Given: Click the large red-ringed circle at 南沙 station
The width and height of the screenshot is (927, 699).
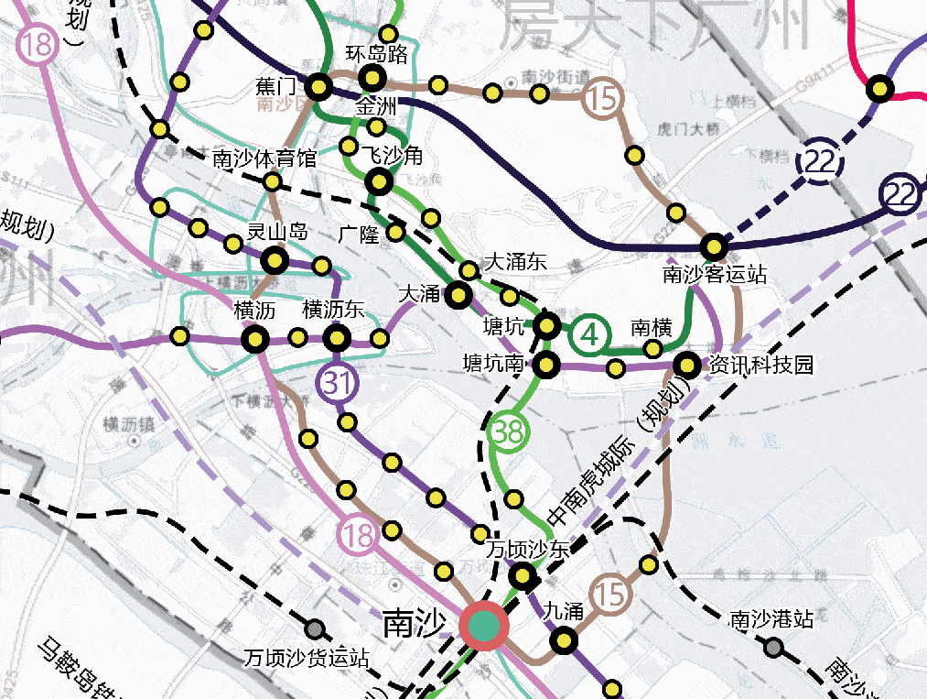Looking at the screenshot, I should click(484, 627).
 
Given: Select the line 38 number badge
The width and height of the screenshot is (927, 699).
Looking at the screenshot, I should click(509, 431).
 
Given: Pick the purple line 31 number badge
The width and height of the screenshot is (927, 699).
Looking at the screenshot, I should click(338, 384).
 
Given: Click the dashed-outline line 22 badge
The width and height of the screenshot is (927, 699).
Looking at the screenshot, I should click(820, 162).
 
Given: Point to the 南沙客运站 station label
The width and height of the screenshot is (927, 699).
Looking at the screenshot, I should click(714, 274).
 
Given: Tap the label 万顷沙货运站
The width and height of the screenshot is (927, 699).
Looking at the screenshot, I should click(307, 657).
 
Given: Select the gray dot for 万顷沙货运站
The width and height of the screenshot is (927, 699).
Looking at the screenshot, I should click(315, 629).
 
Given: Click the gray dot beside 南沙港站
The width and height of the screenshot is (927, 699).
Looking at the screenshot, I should click(774, 648).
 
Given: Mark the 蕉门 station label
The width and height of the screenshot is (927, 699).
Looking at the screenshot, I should click(276, 86).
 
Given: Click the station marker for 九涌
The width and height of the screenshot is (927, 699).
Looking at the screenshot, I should click(563, 640).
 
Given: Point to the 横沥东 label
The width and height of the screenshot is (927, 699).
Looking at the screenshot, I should click(333, 310).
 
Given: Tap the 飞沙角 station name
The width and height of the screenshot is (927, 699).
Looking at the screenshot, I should click(392, 156).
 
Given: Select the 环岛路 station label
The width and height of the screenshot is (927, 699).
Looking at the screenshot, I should click(376, 54).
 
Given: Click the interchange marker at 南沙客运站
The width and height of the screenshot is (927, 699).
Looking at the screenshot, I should click(714, 246).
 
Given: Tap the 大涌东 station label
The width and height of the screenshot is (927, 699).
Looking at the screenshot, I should click(513, 261).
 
